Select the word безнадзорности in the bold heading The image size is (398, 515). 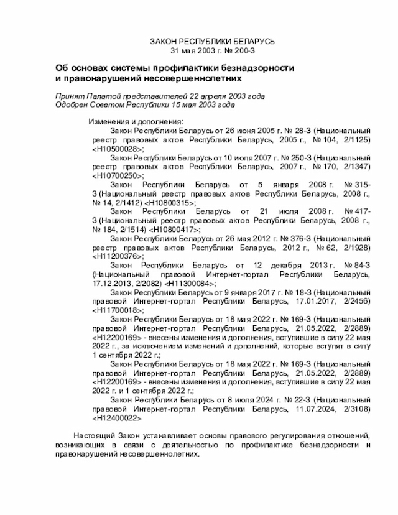coord(254,68)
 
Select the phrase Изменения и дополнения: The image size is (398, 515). coord(136,121)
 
